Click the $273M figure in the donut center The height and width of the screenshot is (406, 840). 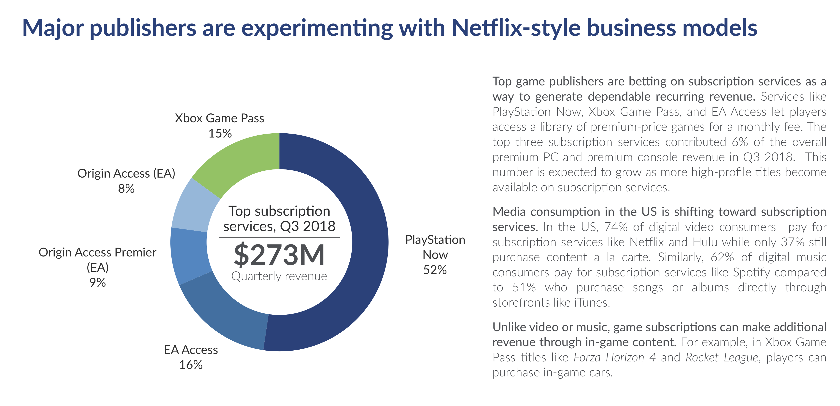pos(279,254)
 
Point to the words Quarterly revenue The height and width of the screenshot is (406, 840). pos(279,276)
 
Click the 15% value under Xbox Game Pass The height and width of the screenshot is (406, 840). pos(220,133)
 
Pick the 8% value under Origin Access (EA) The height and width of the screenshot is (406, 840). pos(126,188)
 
